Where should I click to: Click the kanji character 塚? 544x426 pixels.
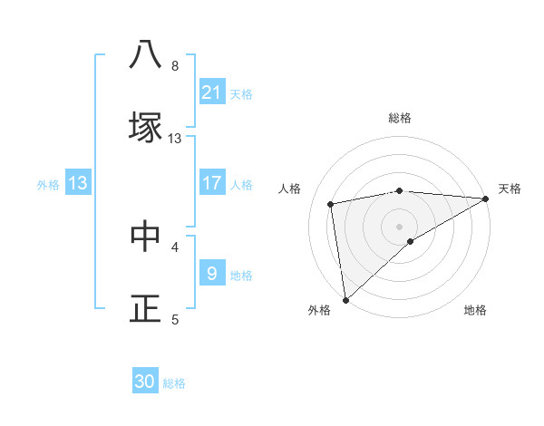[x=145, y=127]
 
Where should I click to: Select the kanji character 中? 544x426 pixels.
[x=145, y=236]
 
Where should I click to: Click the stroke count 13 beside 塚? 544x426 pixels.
[x=175, y=138]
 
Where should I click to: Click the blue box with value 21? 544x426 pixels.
[x=212, y=92]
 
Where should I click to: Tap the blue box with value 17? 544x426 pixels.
[x=212, y=183]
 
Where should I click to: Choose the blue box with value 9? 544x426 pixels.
[x=212, y=273]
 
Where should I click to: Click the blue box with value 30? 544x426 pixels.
[x=145, y=382]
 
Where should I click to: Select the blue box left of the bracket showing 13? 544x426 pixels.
[x=78, y=183]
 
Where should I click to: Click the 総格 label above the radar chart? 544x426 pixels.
[x=400, y=118]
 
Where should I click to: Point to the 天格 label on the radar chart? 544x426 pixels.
[x=510, y=189]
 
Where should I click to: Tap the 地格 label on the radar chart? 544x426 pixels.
[x=475, y=310]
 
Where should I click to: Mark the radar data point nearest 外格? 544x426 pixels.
[x=345, y=299]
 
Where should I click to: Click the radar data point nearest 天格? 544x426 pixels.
[x=487, y=198]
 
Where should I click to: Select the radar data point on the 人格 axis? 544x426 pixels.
[x=332, y=204]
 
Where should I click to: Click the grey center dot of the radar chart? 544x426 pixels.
[x=400, y=226]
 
